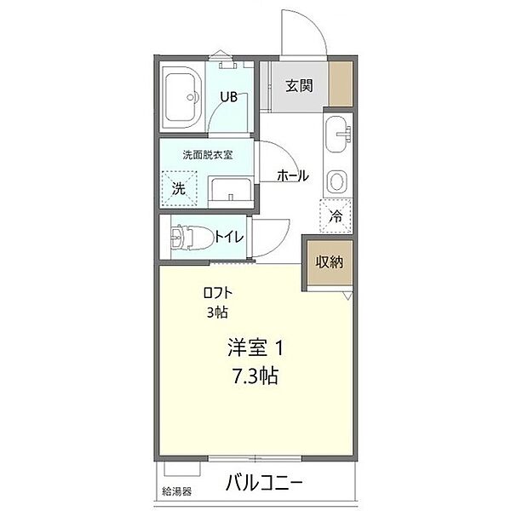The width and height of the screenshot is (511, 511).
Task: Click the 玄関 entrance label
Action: click(299, 86)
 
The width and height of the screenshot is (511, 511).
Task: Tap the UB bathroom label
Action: click(229, 97)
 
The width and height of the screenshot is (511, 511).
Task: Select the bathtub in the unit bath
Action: click(181, 97)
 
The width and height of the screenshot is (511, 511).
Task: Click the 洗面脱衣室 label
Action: click(208, 155)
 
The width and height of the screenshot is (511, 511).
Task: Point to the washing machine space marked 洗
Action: click(179, 188)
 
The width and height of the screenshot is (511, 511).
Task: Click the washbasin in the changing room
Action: click(231, 192)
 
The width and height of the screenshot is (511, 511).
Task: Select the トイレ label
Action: click(229, 237)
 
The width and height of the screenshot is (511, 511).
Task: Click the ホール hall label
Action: click(293, 176)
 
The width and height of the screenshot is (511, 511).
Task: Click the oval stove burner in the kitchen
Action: click(336, 181)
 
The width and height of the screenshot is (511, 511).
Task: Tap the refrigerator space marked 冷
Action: click(336, 215)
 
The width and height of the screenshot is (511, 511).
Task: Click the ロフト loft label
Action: click(218, 293)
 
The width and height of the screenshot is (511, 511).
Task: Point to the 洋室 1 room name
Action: click(255, 347)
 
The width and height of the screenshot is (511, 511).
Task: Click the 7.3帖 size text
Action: click(255, 376)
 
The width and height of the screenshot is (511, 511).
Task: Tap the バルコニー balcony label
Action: click(264, 483)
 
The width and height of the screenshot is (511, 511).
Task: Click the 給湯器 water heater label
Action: click(177, 491)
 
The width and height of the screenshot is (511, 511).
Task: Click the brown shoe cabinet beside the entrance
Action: click(341, 83)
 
